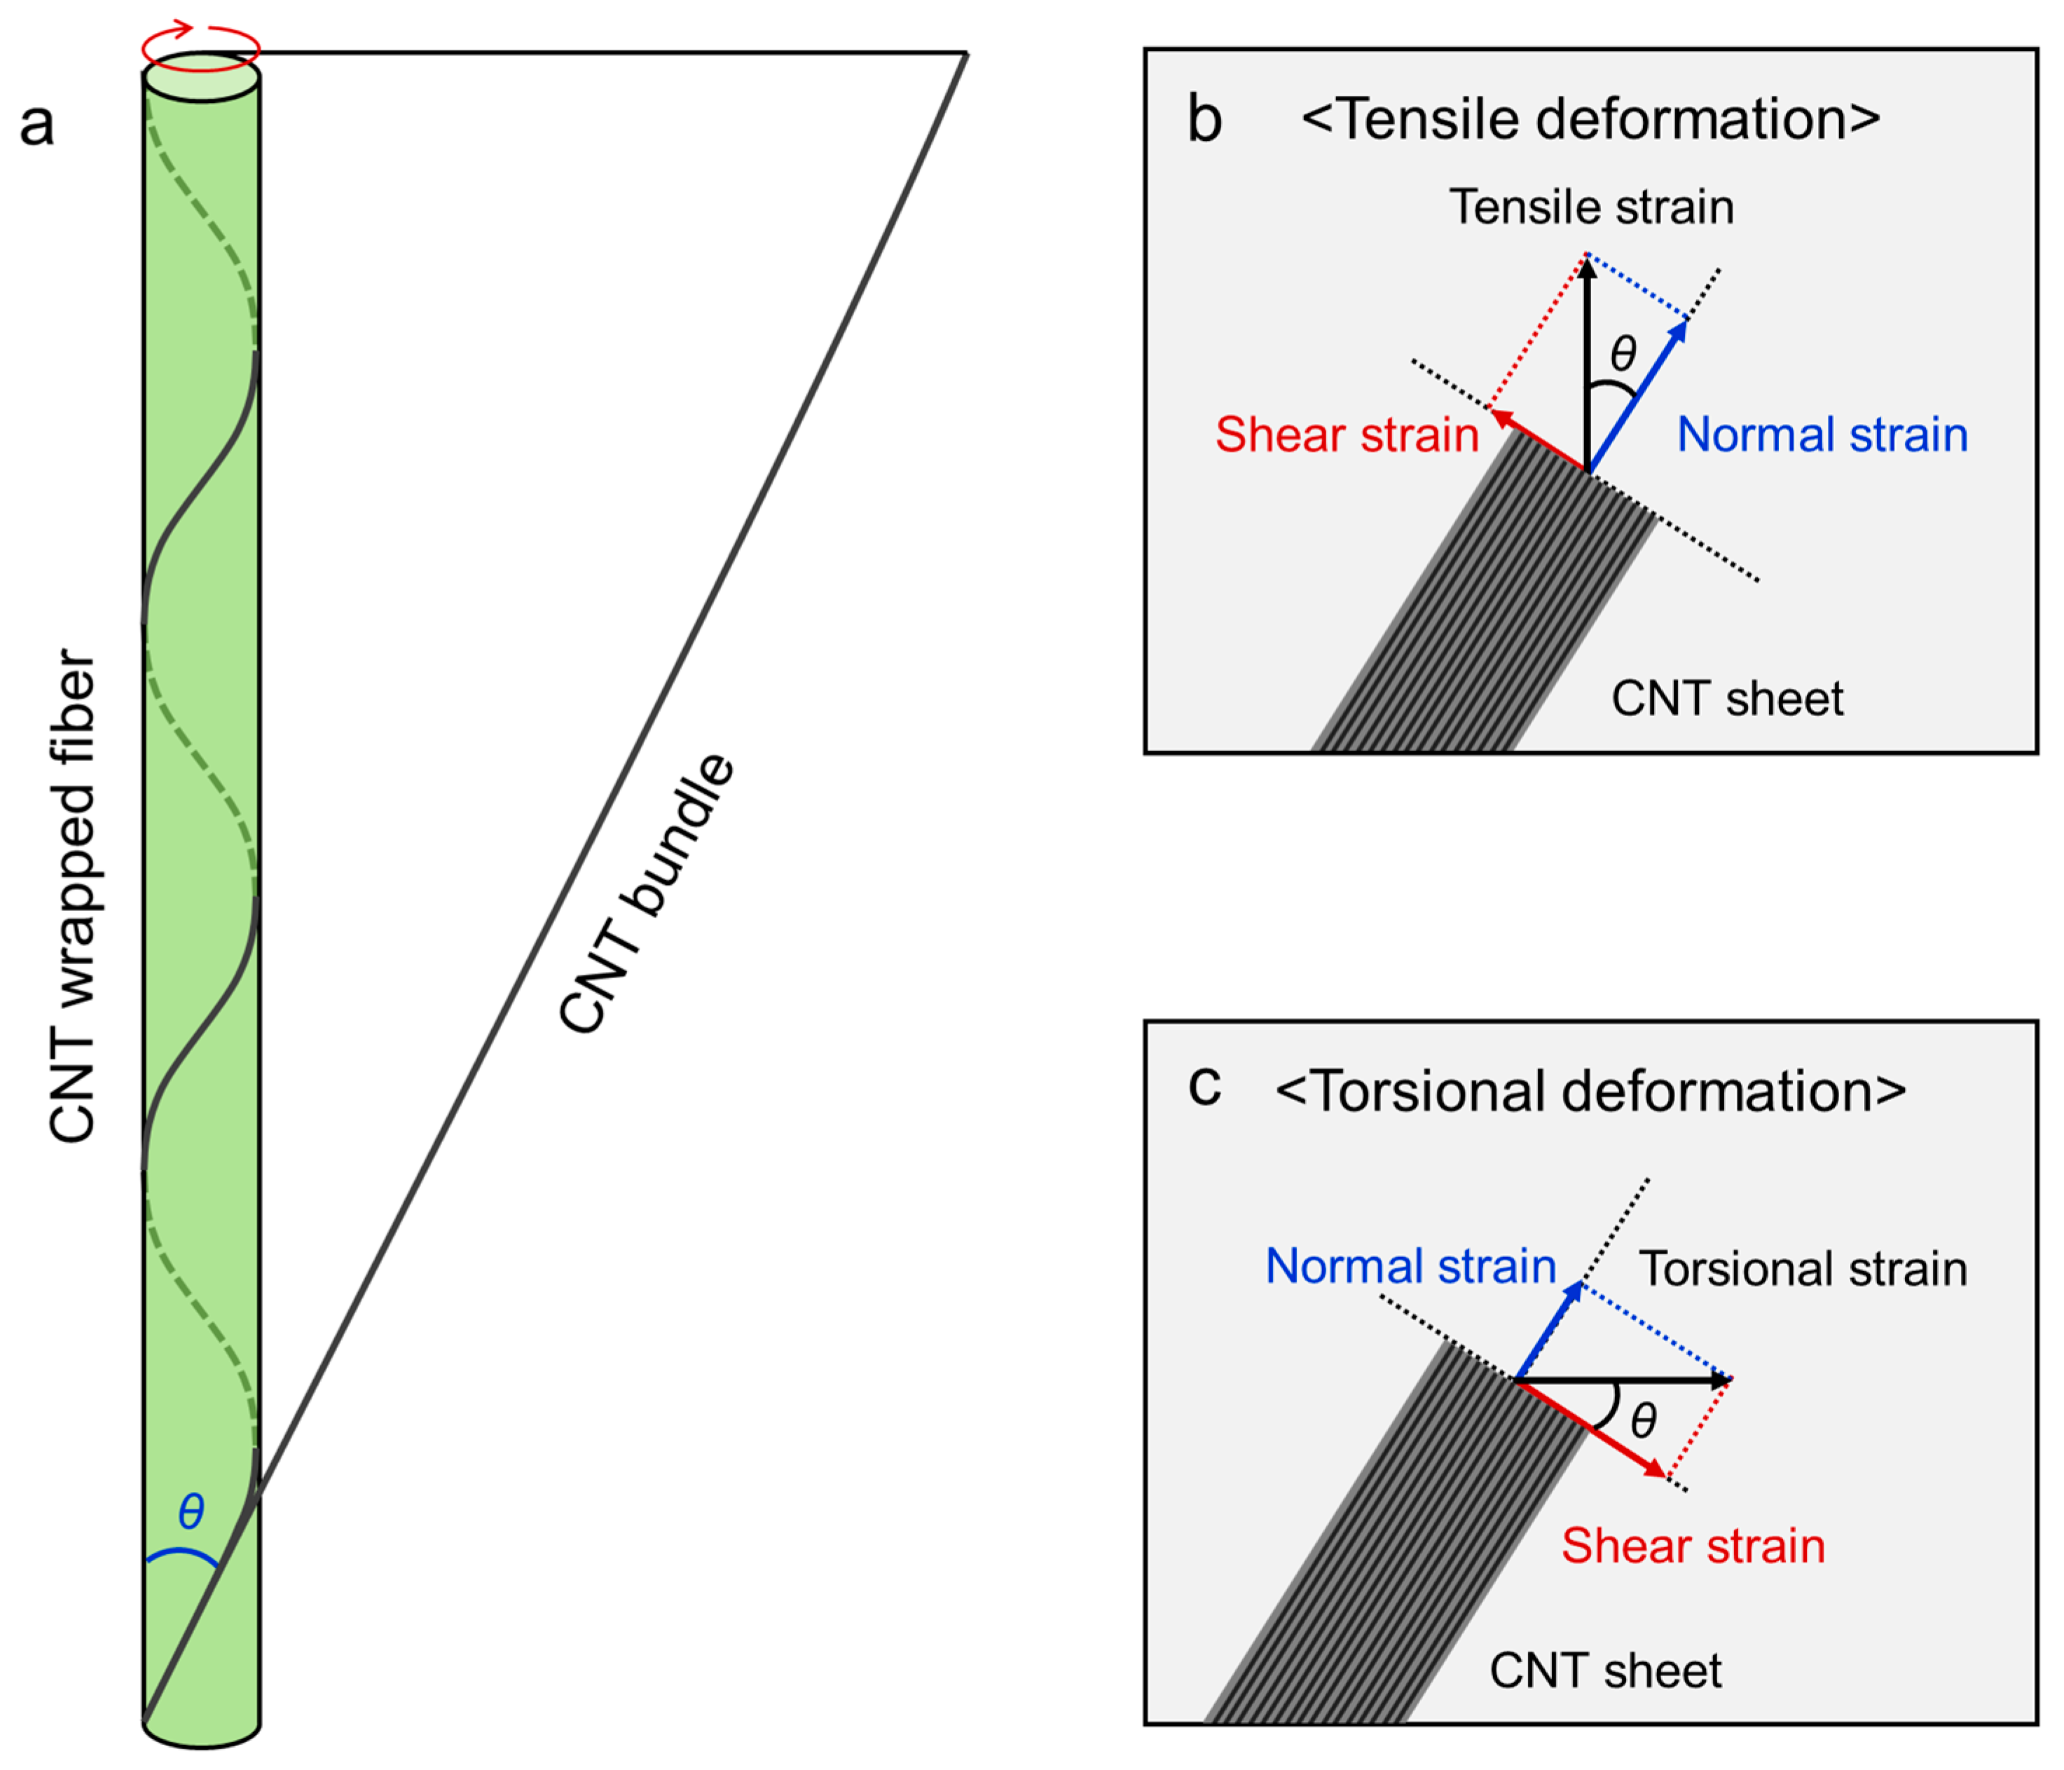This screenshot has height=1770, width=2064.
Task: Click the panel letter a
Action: pos(37,125)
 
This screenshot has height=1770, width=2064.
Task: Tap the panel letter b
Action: pos(1204,120)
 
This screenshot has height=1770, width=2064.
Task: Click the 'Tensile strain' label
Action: pos(1591,207)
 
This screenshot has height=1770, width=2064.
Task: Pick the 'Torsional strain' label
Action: pos(1803,1269)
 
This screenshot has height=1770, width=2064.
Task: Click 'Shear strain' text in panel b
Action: pos(1347,435)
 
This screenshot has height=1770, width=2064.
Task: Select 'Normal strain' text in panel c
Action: pos(1410,1266)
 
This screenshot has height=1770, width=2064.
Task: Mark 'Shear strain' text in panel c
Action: pos(1693,1546)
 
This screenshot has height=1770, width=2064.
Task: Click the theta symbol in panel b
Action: pos(1623,352)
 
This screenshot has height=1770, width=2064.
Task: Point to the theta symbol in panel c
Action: pos(1644,1420)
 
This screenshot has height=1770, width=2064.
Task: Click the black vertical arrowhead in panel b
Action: pos(1588,268)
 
